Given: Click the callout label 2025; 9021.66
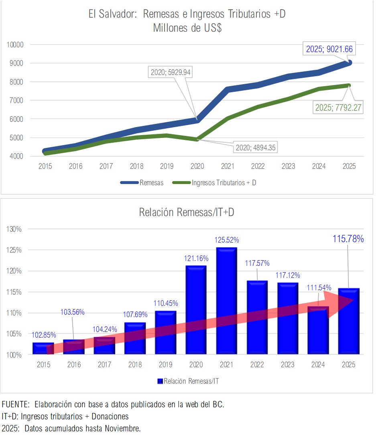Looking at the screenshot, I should [329, 49].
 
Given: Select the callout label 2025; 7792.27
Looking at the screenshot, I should [338, 107].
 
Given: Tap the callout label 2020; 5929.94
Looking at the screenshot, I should [170, 73].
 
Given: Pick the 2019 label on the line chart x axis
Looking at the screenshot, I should [167, 166].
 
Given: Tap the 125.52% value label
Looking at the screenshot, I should [227, 240].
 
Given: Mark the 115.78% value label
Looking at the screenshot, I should [348, 239].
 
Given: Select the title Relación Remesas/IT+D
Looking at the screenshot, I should [187, 212].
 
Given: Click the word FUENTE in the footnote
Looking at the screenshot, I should [15, 404].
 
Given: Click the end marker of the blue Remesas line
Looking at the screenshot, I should [349, 63].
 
